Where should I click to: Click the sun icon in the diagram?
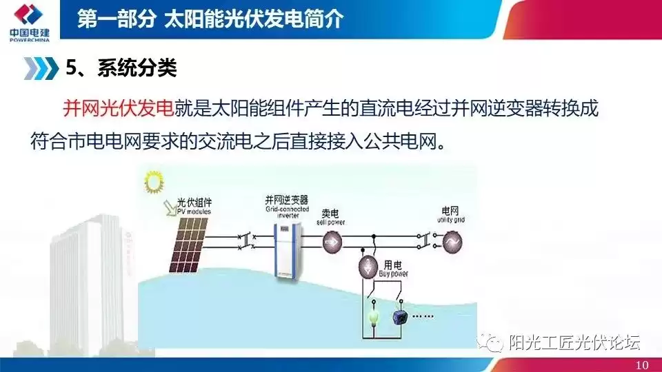pos(152,185)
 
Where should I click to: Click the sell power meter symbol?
pos(333,241)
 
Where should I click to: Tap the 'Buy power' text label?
pos(394,273)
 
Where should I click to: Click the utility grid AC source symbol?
pos(456,242)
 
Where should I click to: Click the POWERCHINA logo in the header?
pos(27,21)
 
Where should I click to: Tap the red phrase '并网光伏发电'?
pos(118,109)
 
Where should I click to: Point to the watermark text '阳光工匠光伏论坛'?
pos(575,342)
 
